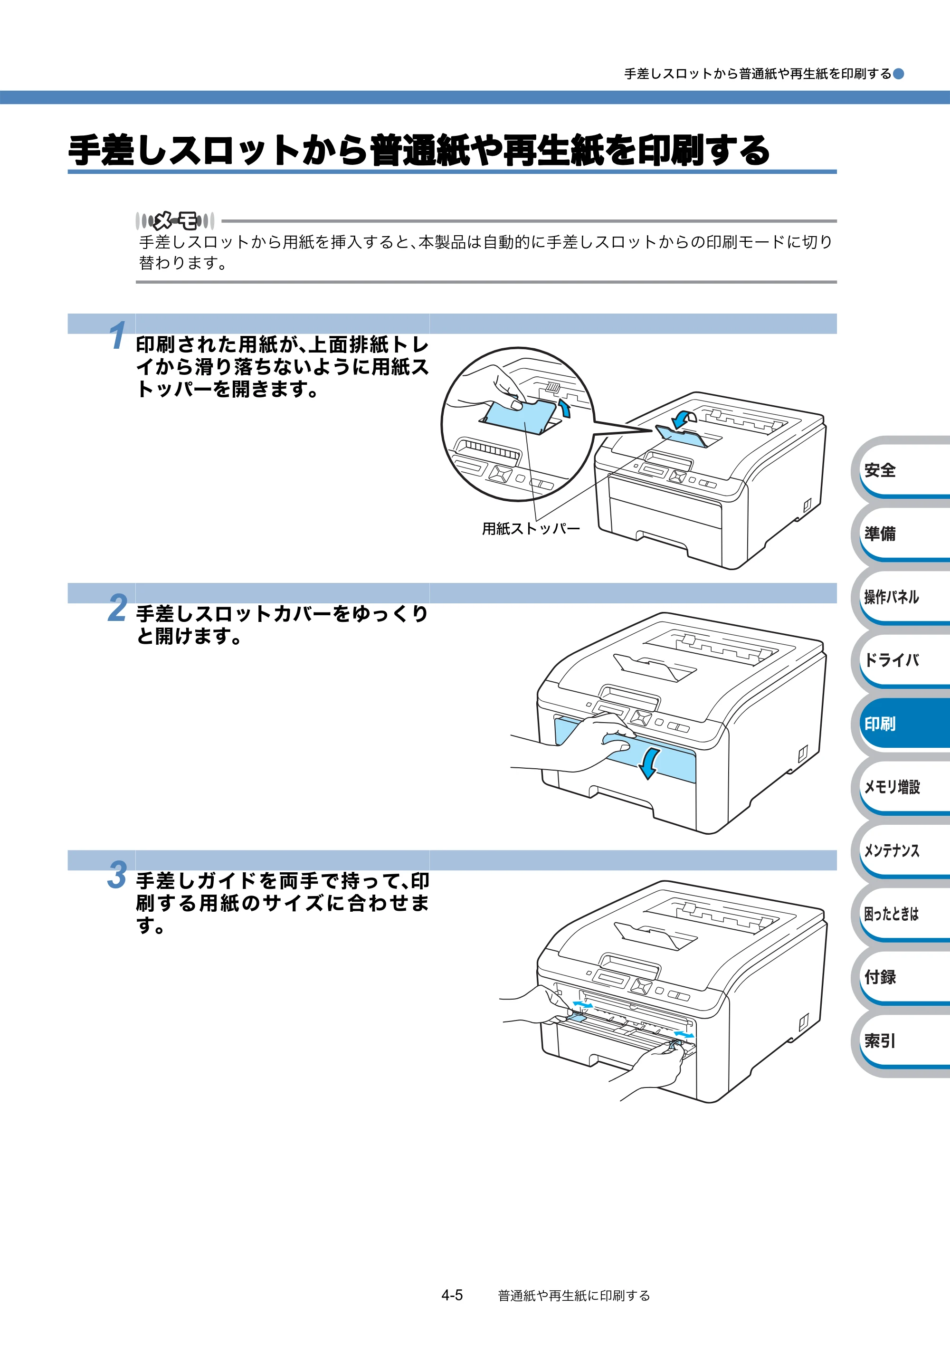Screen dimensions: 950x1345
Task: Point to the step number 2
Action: click(118, 608)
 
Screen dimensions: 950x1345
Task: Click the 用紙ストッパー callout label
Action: click(531, 528)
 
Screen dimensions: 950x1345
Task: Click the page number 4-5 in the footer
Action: click(452, 1295)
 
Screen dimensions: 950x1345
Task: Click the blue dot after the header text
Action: click(898, 74)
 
